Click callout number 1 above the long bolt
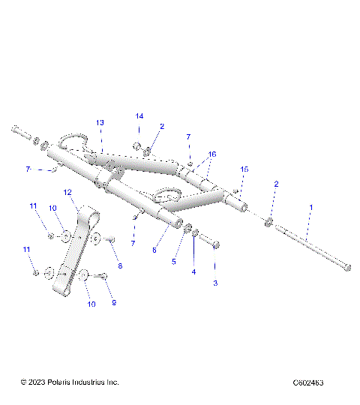click(x=311, y=206)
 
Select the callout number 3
click(x=215, y=283)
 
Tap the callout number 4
click(x=193, y=272)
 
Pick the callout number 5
click(x=174, y=262)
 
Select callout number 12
click(x=67, y=193)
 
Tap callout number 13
click(x=100, y=122)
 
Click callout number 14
click(x=139, y=116)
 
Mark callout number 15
click(x=243, y=170)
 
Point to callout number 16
click(x=212, y=154)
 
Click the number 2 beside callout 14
click(x=162, y=127)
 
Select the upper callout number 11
click(x=33, y=206)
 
